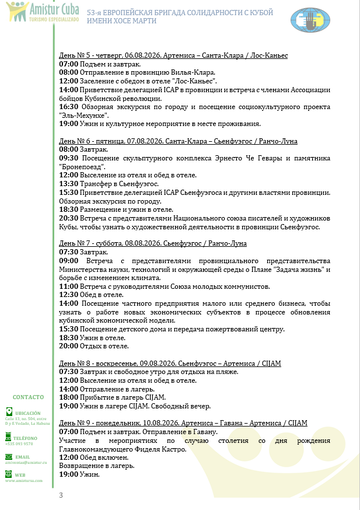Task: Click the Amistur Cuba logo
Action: [x=28, y=13]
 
